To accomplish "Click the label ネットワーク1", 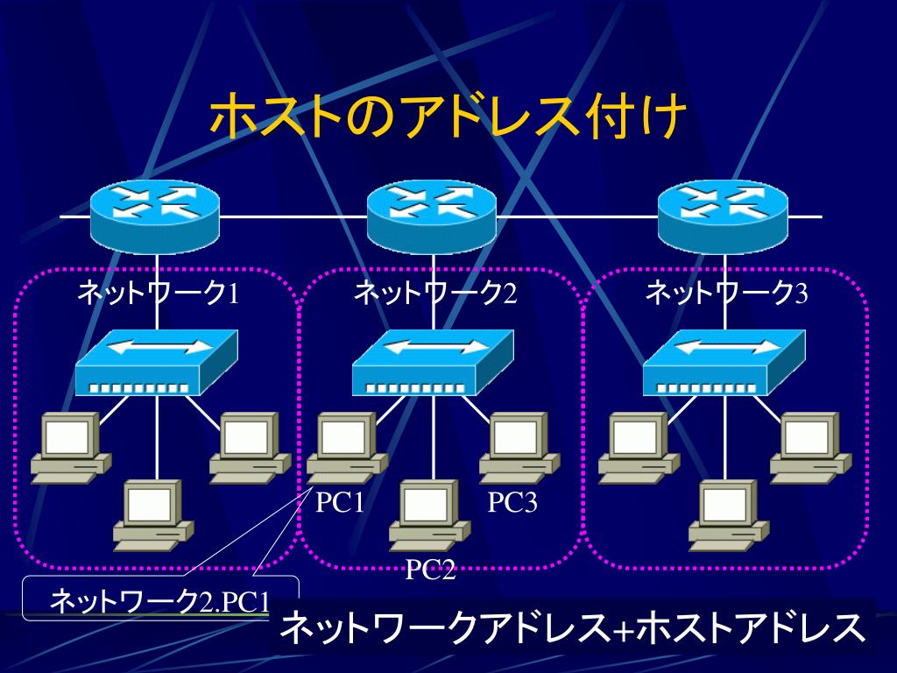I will click(x=158, y=293).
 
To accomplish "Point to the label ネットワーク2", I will click(x=434, y=293).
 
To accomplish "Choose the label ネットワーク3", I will click(x=726, y=293).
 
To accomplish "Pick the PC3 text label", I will click(x=512, y=503).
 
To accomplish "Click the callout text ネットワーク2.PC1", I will click(x=159, y=602).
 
